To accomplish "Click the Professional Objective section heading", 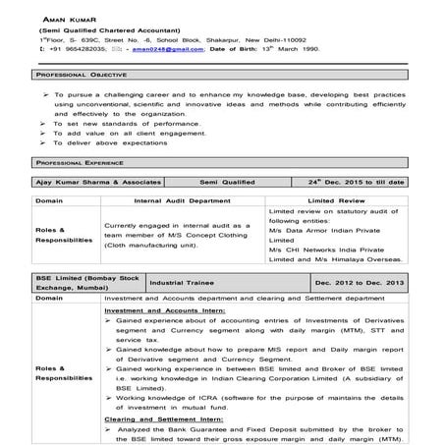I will point(77,75).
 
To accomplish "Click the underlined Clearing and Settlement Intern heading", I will point(157,417).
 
